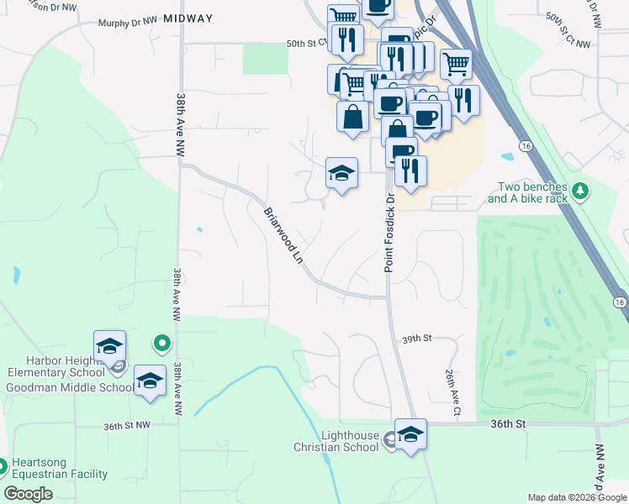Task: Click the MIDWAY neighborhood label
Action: tap(188, 18)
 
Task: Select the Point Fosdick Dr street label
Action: tap(389, 234)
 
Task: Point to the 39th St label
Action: tap(416, 338)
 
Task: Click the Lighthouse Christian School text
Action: tap(351, 441)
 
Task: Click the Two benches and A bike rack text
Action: tap(527, 193)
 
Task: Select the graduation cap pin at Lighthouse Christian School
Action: tap(410, 435)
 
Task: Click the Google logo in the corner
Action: tap(28, 494)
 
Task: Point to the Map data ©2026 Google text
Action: tap(576, 497)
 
